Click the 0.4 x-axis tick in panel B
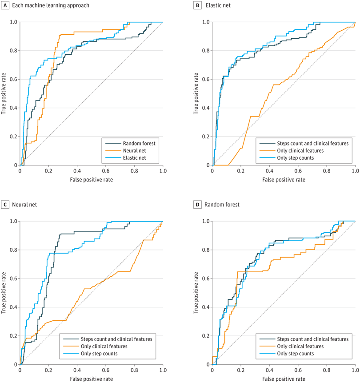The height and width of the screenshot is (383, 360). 270,171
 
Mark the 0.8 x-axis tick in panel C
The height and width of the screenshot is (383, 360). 134,370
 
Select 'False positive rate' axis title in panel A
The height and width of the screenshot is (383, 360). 91,178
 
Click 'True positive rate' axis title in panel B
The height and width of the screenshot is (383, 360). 196,93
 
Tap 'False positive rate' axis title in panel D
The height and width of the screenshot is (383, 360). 284,378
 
